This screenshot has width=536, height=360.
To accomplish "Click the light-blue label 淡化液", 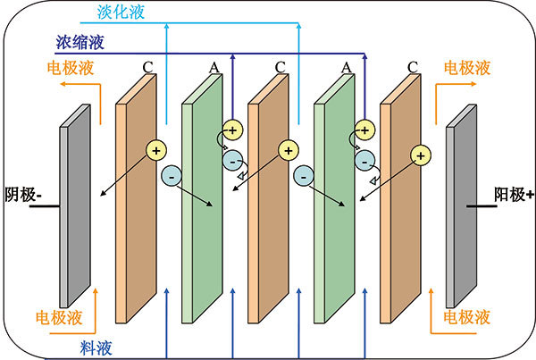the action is (x=121, y=12).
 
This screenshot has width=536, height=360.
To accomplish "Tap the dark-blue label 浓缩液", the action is (x=80, y=42).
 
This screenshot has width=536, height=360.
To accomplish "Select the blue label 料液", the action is (x=96, y=348).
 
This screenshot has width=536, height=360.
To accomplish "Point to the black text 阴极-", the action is (x=23, y=195).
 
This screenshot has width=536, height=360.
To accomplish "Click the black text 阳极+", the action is (x=514, y=195).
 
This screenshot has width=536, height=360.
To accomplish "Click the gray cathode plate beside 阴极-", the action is (x=75, y=206).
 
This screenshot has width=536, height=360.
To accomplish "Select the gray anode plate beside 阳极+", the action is (x=461, y=206).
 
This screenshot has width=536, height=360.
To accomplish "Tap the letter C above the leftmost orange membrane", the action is (x=148, y=67).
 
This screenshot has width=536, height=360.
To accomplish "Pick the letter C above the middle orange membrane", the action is (x=281, y=67).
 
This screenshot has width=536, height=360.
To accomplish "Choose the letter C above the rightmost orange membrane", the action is (x=413, y=67).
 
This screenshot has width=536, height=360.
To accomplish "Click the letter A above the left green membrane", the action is (x=214, y=67).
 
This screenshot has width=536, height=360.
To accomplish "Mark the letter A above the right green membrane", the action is (x=347, y=67).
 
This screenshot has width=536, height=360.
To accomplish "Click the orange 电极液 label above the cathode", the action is (x=71, y=68).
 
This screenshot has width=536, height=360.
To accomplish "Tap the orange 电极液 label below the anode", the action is (x=467, y=317).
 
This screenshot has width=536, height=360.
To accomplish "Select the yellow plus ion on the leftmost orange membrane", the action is (x=156, y=150).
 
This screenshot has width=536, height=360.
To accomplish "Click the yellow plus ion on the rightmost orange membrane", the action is (x=421, y=155).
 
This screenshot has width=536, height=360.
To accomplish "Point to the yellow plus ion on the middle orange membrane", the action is (x=289, y=150).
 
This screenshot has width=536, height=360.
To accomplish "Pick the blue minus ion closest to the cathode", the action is (x=172, y=176).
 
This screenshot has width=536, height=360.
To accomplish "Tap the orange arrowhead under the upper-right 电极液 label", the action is (x=473, y=84).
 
